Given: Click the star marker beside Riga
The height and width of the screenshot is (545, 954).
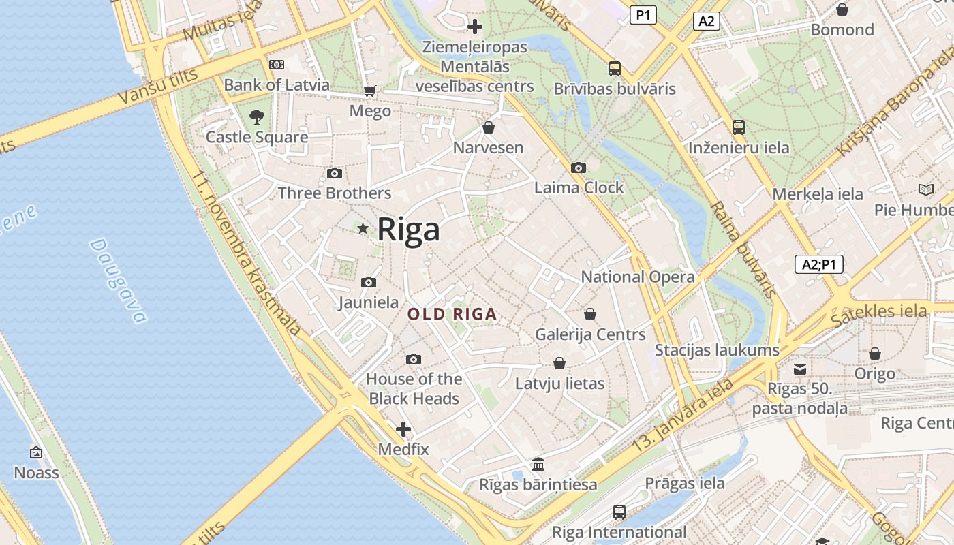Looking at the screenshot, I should click(x=363, y=228).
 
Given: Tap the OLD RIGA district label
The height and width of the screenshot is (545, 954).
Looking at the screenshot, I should click(x=452, y=315).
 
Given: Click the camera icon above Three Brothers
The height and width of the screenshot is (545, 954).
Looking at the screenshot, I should click(x=334, y=174).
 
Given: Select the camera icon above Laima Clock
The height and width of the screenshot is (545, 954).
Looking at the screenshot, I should click(x=578, y=168).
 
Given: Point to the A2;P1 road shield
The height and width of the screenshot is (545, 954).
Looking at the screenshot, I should click(x=818, y=265).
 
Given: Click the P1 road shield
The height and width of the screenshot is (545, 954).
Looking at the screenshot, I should click(x=643, y=15).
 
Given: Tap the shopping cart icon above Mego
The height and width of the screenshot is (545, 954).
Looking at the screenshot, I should click(x=370, y=91).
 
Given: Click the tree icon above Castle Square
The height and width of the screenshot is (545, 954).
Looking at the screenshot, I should click(x=256, y=116).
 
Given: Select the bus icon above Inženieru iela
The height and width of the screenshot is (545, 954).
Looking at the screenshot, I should click(x=739, y=127).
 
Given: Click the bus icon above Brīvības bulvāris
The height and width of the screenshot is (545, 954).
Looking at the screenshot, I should click(x=614, y=68).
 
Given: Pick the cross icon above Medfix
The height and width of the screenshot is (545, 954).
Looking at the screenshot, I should click(x=403, y=429).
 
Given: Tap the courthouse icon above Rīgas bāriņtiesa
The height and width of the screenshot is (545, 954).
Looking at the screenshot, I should click(x=538, y=465).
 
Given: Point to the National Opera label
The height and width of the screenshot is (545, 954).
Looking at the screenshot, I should click(x=637, y=277).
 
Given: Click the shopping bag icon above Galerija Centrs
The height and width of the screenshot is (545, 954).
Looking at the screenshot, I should click(x=590, y=314).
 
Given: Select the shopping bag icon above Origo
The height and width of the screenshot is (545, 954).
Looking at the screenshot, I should click(x=875, y=354).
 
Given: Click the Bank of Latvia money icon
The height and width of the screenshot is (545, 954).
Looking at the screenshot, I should click(x=276, y=65).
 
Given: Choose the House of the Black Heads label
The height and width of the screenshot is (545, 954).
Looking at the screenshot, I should click(x=414, y=388).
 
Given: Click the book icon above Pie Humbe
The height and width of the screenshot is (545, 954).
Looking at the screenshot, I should click(x=925, y=189).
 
